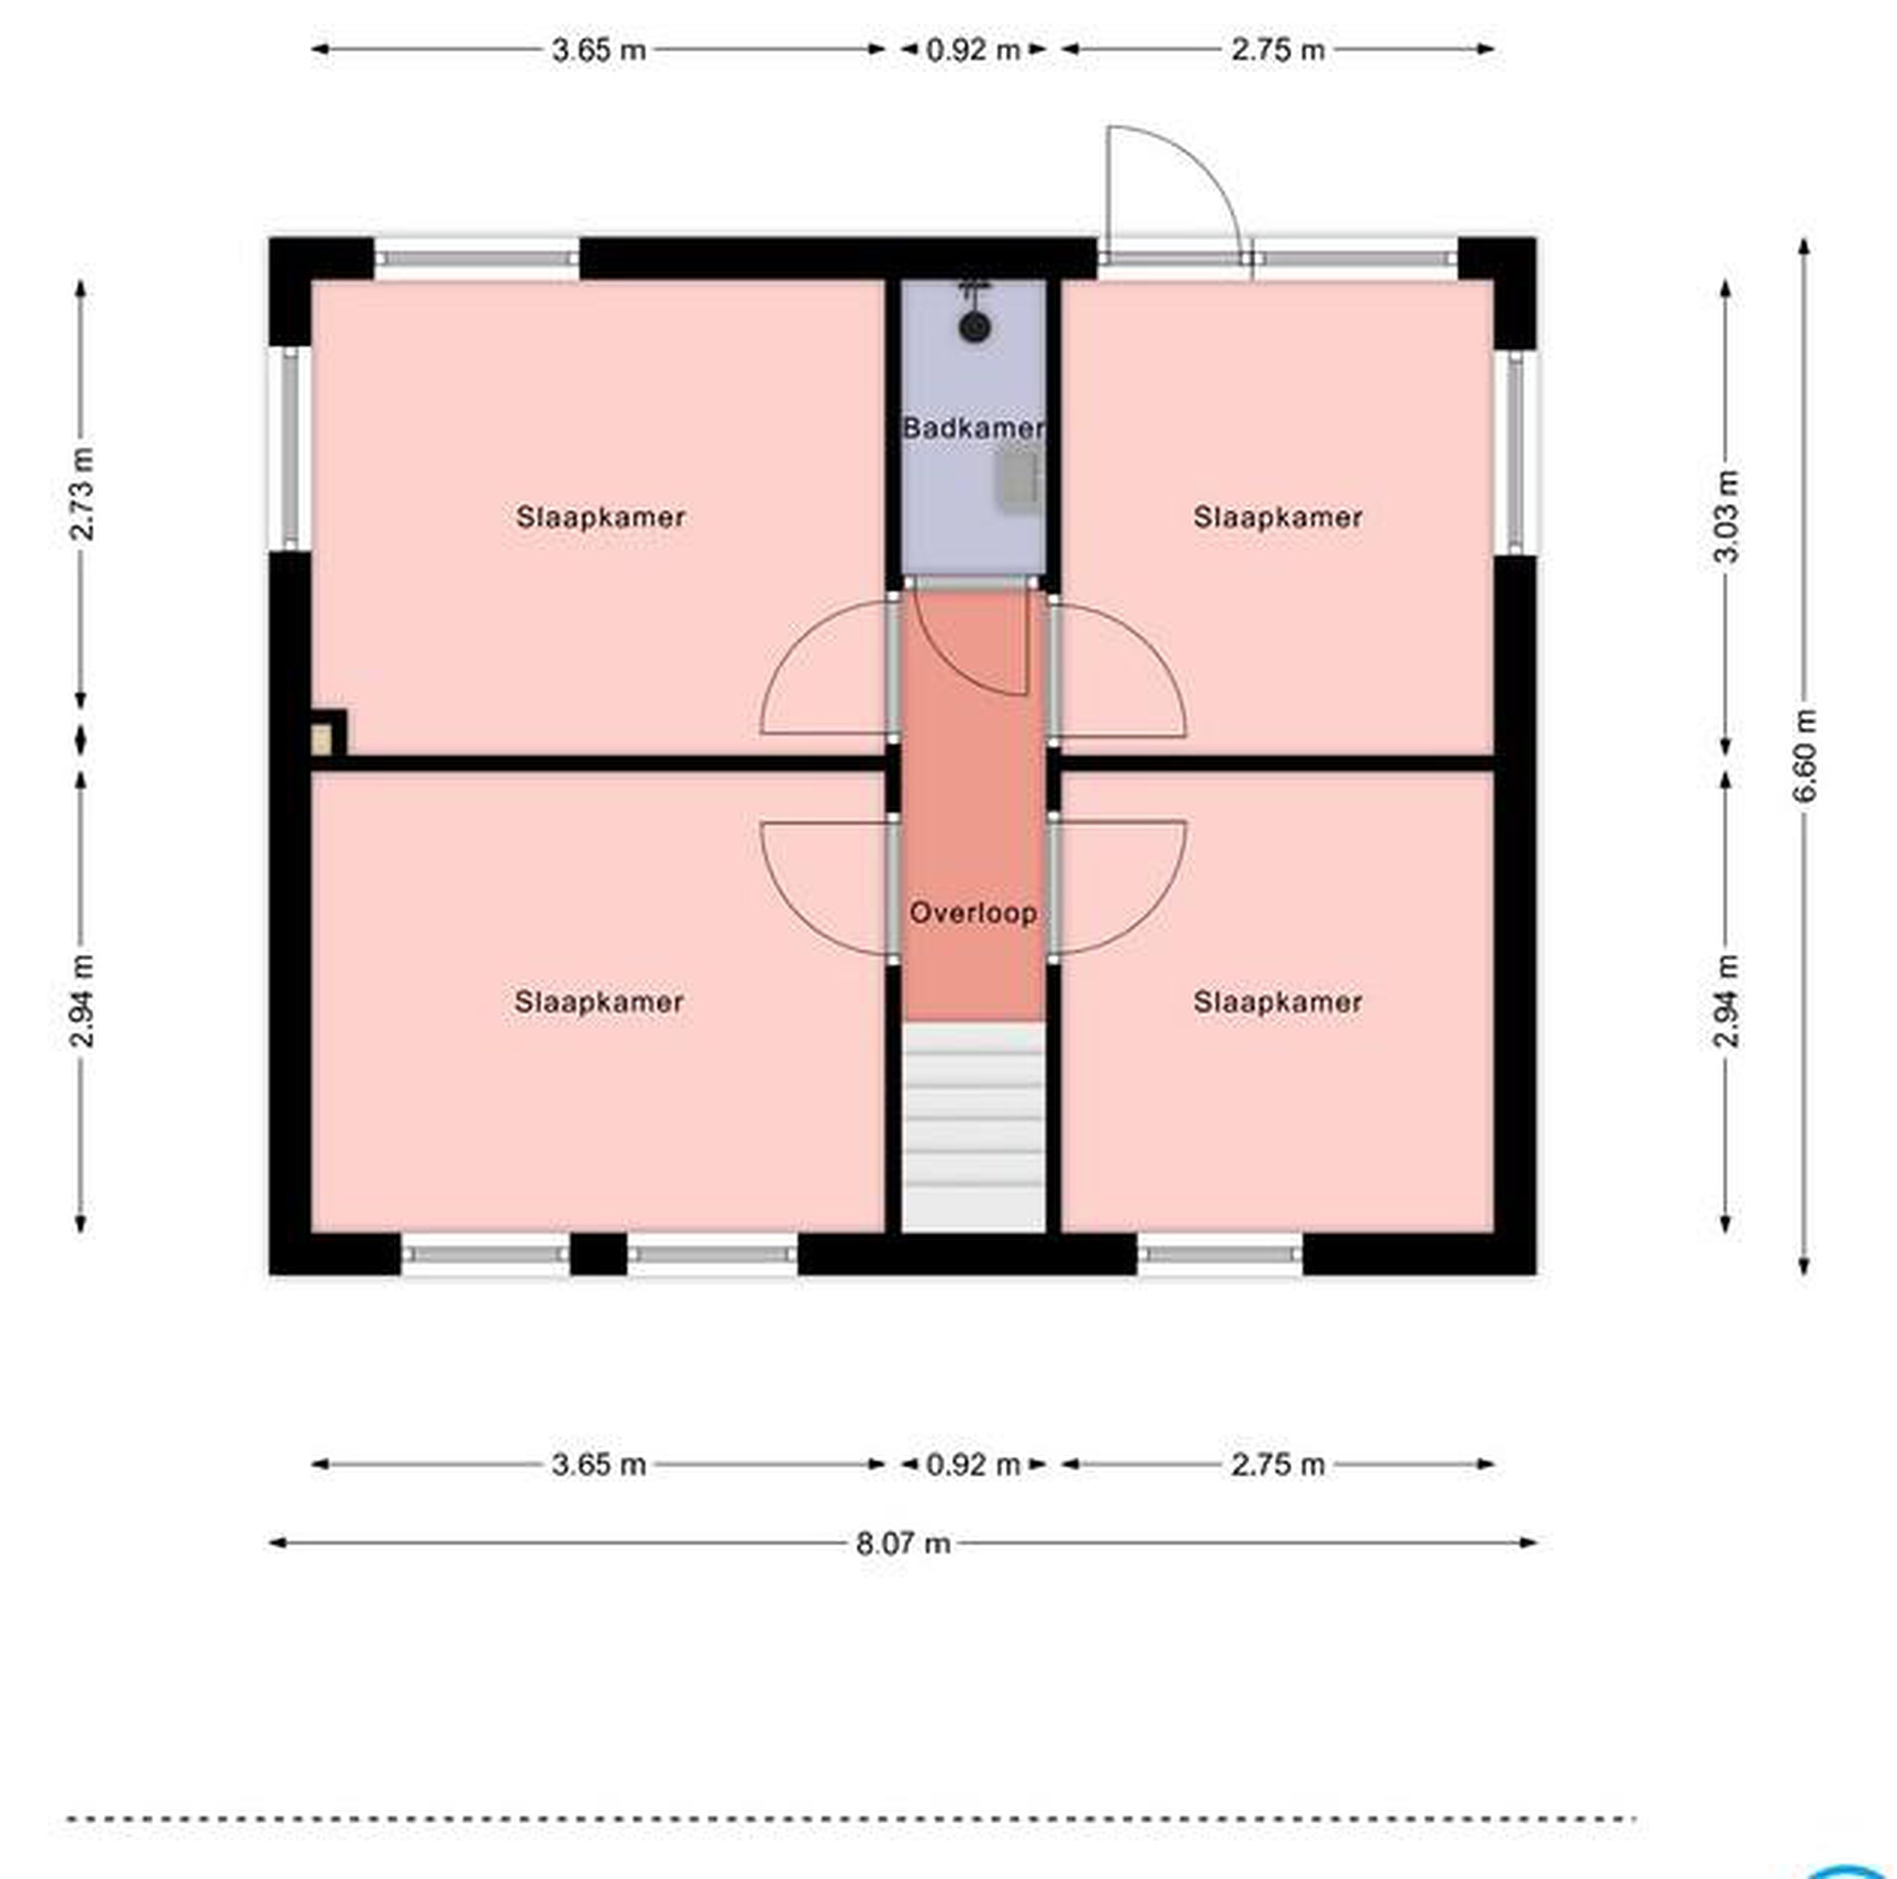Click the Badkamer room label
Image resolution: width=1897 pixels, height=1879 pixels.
(973, 428)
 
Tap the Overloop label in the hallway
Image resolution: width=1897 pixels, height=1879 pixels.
(973, 912)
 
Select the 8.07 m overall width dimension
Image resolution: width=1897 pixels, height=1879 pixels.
(903, 1543)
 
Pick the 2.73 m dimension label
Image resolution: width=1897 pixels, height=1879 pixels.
(82, 494)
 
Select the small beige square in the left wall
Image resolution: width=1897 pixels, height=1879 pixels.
(321, 740)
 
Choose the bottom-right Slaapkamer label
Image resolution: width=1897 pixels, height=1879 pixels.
(1277, 1002)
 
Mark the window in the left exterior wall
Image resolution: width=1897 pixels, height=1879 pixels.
(290, 449)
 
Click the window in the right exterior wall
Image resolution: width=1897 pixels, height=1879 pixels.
(1516, 452)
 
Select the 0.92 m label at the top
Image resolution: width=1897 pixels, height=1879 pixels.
(973, 49)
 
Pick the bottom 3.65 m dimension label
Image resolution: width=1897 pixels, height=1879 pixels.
(599, 1465)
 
